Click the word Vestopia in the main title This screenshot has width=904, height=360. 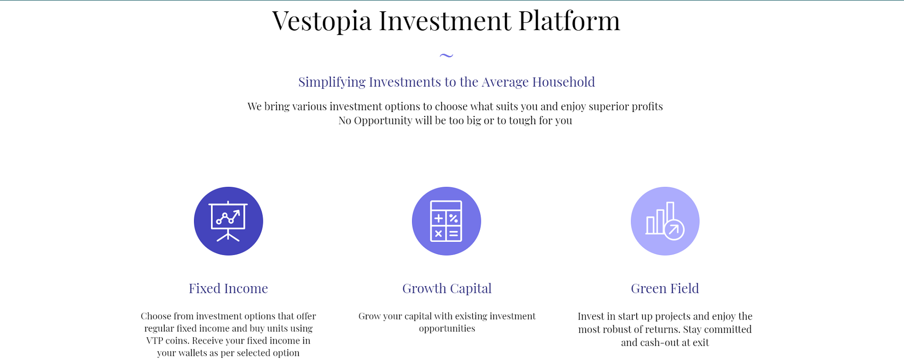322,21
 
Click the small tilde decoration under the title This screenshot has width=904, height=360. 446,56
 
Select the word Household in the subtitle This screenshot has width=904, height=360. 564,82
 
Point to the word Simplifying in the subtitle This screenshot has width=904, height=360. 332,82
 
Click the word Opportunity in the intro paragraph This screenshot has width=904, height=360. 383,121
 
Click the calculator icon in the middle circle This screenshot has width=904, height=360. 446,221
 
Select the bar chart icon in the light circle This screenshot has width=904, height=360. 665,221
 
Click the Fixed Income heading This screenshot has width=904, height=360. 228,288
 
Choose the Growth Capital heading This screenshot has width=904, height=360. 447,288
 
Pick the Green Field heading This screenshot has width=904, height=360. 665,288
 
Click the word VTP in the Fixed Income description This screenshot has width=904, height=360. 154,341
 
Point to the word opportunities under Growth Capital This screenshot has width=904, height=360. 447,329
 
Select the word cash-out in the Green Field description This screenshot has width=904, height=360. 651,343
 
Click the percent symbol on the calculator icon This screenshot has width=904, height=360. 453,218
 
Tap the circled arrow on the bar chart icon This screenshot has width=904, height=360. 674,230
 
